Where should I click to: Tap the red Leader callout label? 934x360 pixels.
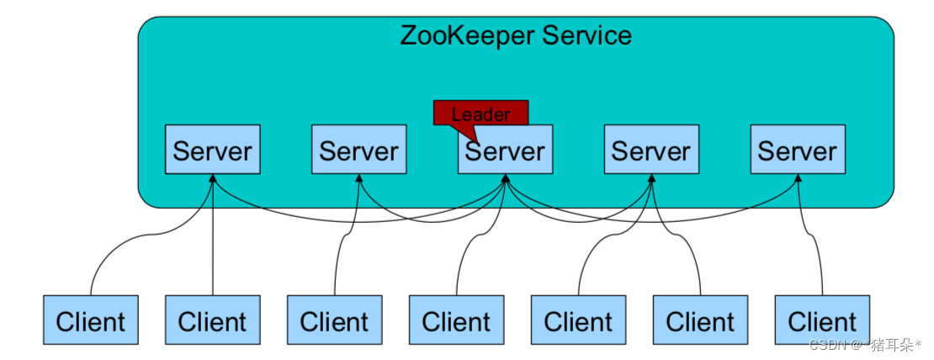pyautogui.click(x=480, y=113)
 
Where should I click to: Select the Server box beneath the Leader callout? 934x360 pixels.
pyautogui.click(x=506, y=151)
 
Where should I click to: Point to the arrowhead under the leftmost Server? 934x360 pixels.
pyautogui.click(x=213, y=179)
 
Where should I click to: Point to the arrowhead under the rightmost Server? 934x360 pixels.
pyautogui.click(x=798, y=179)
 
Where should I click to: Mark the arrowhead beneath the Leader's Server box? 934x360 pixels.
pyautogui.click(x=506, y=179)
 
